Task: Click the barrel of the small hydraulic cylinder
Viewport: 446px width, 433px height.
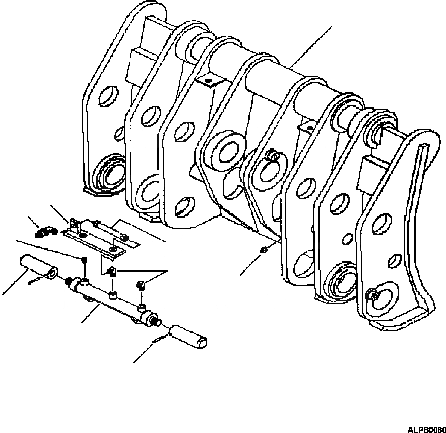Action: [x=106, y=300]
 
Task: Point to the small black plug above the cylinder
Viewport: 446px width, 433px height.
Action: [x=84, y=260]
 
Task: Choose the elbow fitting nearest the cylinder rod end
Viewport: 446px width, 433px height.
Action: [x=141, y=286]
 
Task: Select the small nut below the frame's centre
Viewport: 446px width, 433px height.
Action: [x=264, y=250]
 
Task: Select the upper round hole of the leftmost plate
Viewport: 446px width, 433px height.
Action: [x=109, y=96]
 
